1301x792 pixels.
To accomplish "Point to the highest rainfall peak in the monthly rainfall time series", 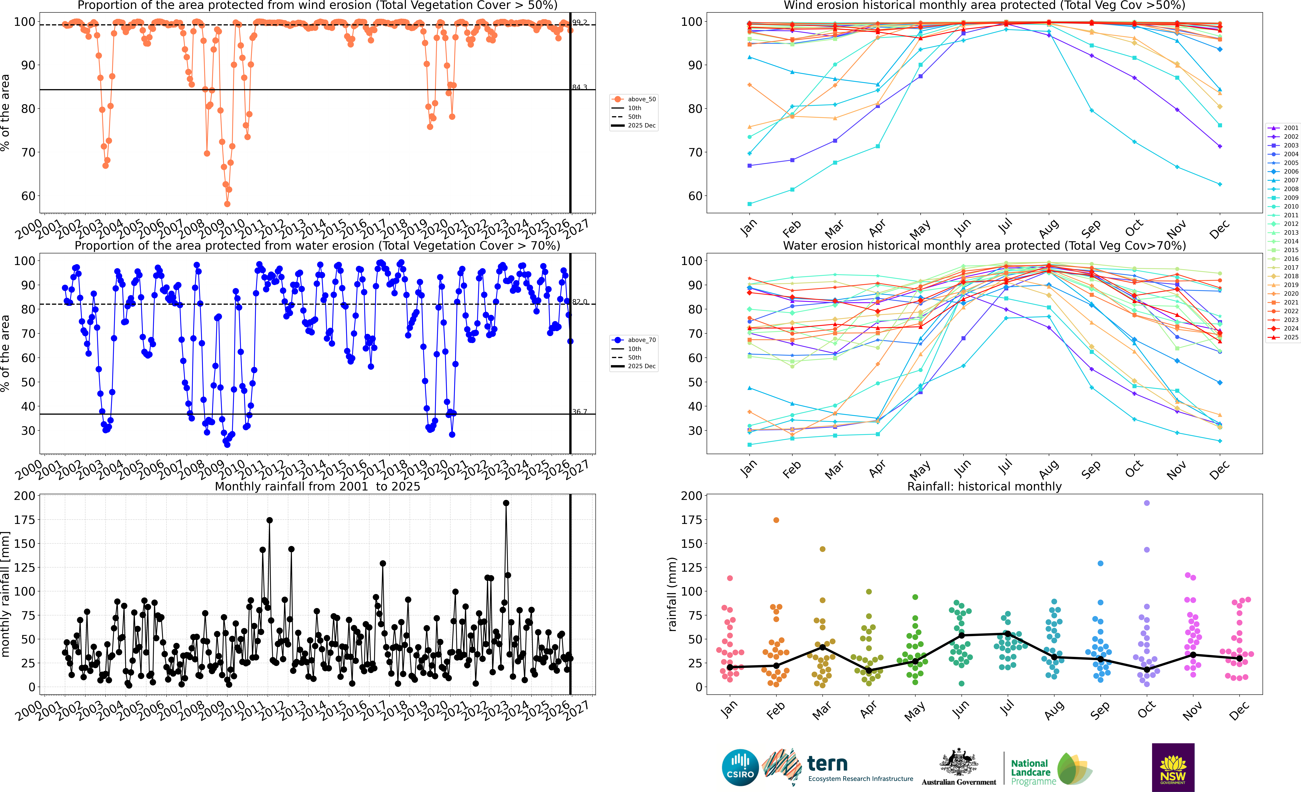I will (506, 503).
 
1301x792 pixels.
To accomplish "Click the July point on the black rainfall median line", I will (1007, 634).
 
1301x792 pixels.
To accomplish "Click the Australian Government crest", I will (958, 762).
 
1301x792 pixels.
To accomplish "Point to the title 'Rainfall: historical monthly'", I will (984, 486).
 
